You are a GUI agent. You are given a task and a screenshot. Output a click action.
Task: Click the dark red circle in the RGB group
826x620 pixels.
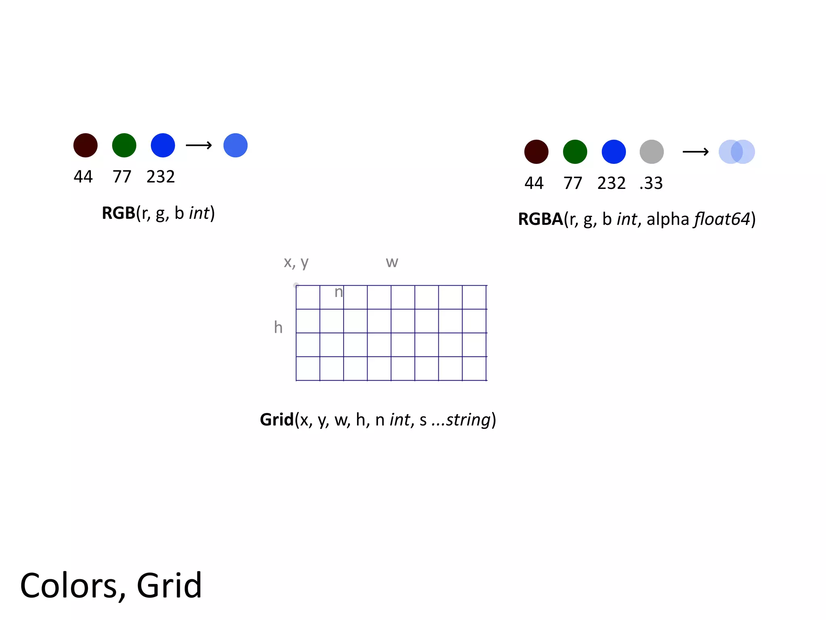tap(86, 145)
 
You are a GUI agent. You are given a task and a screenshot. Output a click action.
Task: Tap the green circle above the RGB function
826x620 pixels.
tap(124, 145)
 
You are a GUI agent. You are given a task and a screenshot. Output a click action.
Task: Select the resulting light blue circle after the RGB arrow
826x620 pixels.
tap(236, 145)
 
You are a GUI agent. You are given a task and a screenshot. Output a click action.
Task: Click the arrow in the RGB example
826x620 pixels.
tap(199, 145)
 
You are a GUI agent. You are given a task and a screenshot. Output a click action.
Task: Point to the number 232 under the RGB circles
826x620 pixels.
tap(161, 177)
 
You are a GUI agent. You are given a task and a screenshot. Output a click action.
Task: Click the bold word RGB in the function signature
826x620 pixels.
tap(118, 213)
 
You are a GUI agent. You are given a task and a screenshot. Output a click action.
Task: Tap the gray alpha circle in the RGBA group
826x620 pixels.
tap(652, 152)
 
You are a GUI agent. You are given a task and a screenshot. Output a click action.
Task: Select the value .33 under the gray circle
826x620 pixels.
tap(651, 183)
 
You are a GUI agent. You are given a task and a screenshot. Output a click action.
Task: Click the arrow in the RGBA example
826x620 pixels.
tap(695, 152)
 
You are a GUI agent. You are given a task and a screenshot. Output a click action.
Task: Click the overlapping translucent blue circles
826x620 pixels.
tap(737, 152)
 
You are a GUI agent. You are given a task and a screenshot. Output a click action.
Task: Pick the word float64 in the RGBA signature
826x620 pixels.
tap(722, 219)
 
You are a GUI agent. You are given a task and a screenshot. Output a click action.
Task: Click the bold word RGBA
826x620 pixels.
tap(540, 219)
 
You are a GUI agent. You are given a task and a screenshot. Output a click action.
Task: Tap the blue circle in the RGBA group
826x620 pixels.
tap(613, 152)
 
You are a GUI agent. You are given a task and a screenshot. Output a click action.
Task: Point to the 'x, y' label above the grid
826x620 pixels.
tap(296, 262)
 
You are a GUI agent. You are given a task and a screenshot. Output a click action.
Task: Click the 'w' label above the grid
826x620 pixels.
tap(392, 262)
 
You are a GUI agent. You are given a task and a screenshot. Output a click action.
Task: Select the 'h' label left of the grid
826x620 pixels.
tap(278, 327)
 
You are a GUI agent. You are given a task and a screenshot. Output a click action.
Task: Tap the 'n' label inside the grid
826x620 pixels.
tap(339, 292)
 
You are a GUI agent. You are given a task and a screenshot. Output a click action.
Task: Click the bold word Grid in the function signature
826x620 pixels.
tap(277, 420)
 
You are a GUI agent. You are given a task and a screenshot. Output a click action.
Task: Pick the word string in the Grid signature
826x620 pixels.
tap(469, 420)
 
